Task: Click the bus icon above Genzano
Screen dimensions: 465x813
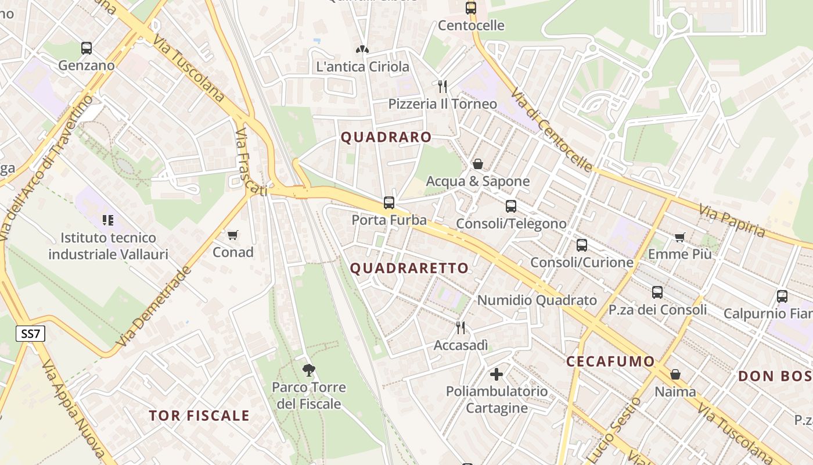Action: (x=87, y=48)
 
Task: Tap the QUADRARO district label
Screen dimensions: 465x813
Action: (x=386, y=137)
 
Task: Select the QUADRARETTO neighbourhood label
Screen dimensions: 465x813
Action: (x=409, y=268)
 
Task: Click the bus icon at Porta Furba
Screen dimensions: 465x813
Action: (x=389, y=203)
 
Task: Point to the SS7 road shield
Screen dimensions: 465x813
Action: (x=30, y=334)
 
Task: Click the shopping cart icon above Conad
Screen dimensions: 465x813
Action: (x=233, y=235)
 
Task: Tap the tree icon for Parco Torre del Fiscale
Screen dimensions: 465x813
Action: (x=309, y=370)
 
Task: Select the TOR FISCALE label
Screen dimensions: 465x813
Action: (x=199, y=416)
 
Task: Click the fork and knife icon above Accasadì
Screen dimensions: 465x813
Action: (x=461, y=328)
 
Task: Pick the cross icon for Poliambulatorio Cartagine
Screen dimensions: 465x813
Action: (x=497, y=374)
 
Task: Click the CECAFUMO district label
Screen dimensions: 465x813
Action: (x=610, y=361)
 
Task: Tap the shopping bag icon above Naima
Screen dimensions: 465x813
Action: (x=675, y=374)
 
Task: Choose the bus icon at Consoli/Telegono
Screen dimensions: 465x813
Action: (x=511, y=206)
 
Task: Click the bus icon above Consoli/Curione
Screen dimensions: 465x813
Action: (x=582, y=245)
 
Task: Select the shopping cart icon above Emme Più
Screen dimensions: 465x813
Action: (x=679, y=237)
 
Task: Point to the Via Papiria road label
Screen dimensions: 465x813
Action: (x=732, y=221)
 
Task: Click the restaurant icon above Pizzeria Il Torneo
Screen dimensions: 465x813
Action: (x=443, y=87)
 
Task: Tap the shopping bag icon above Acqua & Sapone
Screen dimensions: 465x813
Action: (x=478, y=164)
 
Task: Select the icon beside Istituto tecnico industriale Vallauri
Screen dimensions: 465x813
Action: (x=108, y=220)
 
